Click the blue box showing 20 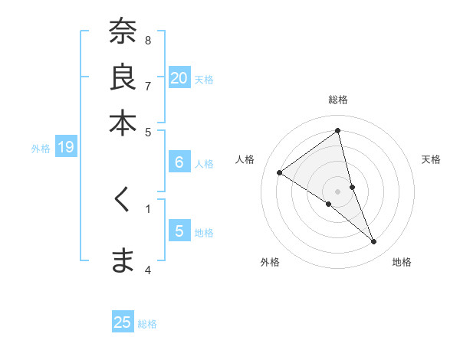pos(179,78)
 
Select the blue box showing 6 pos(179,162)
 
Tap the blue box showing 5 pos(179,231)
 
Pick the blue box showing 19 pos(66,148)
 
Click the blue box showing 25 pos(123,322)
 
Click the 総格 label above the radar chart pos(338,100)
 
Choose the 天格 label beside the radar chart pos(431,159)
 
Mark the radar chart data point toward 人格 pos(280,173)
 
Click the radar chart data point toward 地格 pos(374,242)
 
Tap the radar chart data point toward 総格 pos(338,131)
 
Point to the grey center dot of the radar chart pos(338,191)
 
